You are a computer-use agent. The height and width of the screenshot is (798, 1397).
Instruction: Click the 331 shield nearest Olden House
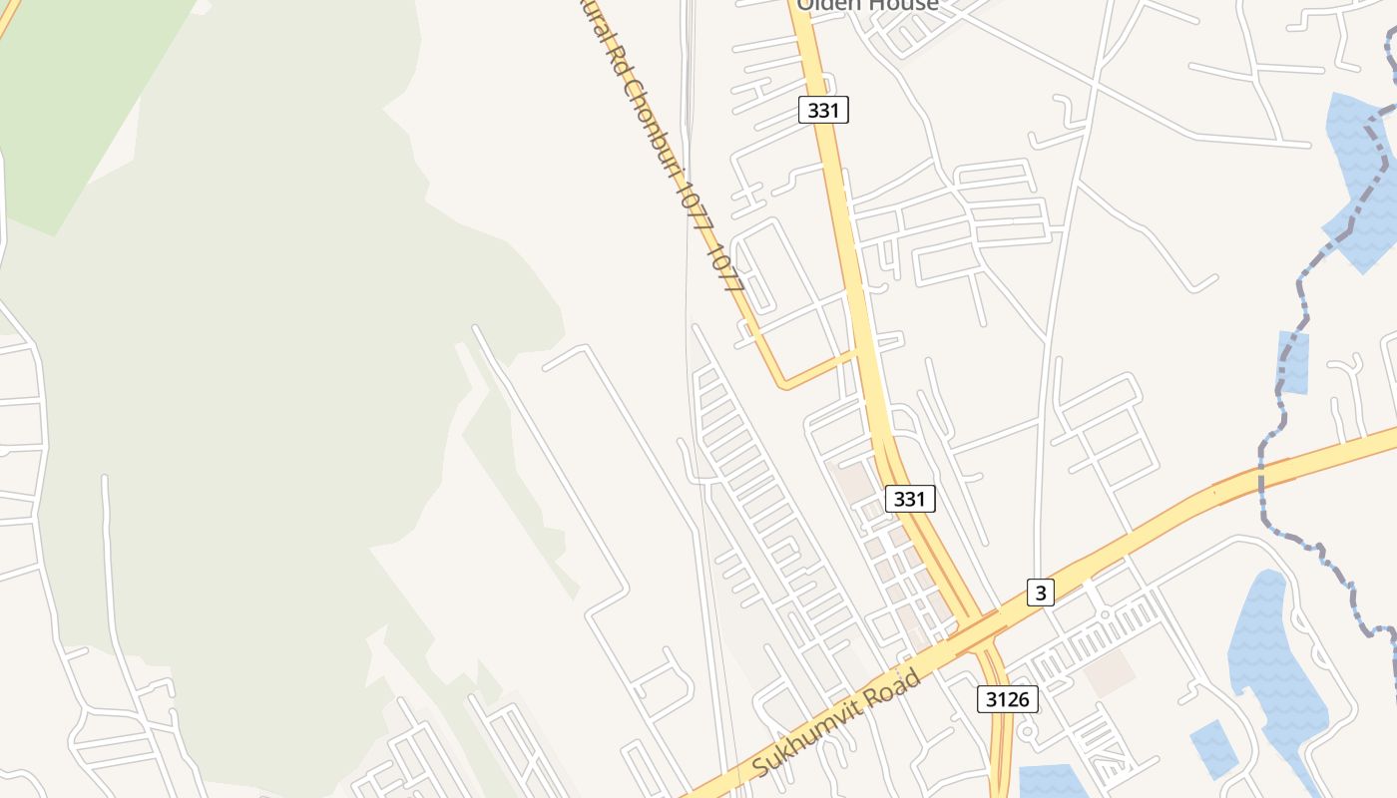[823, 110]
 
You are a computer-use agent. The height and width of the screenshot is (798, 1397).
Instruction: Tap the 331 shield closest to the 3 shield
[909, 499]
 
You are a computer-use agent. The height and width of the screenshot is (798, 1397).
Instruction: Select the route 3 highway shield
[1041, 593]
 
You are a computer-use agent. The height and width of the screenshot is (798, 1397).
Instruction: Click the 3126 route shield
[1007, 698]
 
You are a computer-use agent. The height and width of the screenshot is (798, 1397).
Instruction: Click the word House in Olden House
[903, 5]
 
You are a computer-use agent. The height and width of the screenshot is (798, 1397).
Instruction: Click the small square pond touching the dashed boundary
[1293, 362]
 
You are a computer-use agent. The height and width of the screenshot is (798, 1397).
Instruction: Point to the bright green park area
[80, 110]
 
